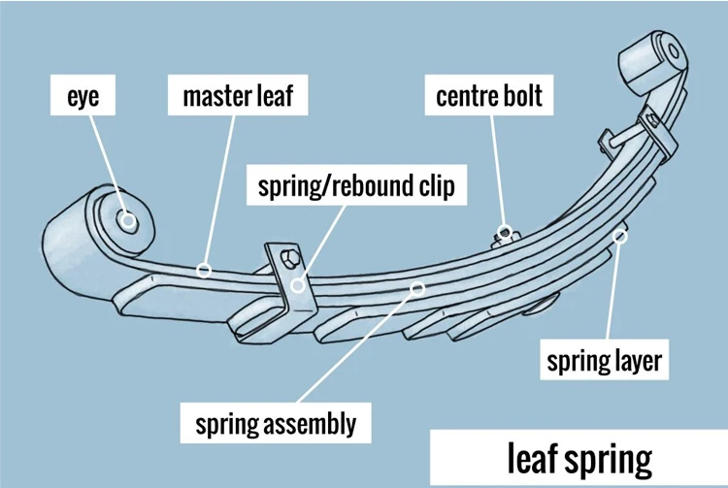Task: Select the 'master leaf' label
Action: point(237,98)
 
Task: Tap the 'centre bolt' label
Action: point(488,98)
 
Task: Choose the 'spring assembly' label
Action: point(276,424)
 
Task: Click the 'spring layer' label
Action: point(604,362)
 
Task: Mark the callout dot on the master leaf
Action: point(204,267)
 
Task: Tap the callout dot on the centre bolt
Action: point(504,233)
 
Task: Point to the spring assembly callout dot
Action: point(418,286)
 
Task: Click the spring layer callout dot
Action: point(623,232)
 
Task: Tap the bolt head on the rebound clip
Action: point(286,259)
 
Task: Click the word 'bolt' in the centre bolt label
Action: point(520,98)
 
